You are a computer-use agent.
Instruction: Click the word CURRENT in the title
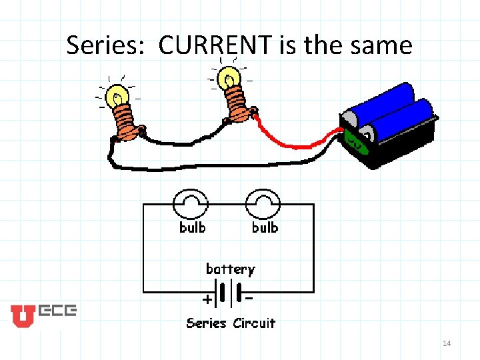click(x=215, y=45)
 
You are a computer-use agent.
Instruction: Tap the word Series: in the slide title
click(x=108, y=45)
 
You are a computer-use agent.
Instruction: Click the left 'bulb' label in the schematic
click(x=192, y=227)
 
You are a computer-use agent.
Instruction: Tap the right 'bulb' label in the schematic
click(x=265, y=227)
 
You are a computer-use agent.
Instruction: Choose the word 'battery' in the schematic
click(x=230, y=269)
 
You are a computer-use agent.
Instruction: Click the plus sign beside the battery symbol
click(x=208, y=299)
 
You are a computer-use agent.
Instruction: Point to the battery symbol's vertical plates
click(x=230, y=294)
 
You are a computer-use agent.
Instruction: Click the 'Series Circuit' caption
click(x=231, y=323)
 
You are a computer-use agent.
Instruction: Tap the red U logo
click(x=21, y=315)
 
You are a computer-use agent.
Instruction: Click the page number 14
click(x=447, y=343)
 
